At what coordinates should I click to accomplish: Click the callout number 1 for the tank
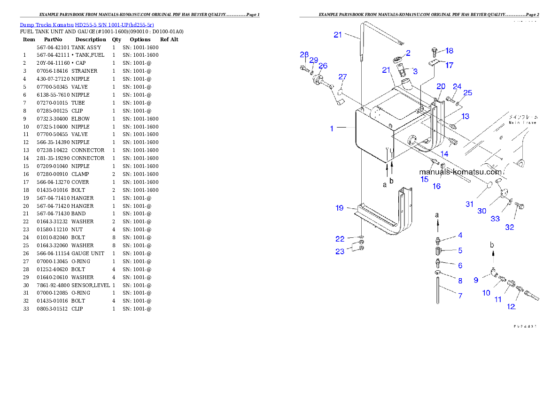pyautogui.click(x=332, y=128)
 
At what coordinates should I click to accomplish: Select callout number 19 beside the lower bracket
pyautogui.click(x=340, y=208)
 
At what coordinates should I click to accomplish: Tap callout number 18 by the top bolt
pyautogui.click(x=450, y=51)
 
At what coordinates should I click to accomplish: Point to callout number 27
pyautogui.click(x=342, y=77)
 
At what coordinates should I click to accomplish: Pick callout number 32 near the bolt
pyautogui.click(x=509, y=228)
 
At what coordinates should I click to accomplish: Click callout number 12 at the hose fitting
pyautogui.click(x=511, y=306)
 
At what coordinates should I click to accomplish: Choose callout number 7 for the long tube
pyautogui.click(x=460, y=296)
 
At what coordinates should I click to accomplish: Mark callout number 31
pyautogui.click(x=470, y=204)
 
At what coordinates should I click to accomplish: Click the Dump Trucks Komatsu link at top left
pyautogui.click(x=87, y=25)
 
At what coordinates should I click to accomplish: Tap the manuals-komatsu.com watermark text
pyautogui.click(x=460, y=172)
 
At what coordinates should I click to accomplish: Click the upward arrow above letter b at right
pyautogui.click(x=493, y=255)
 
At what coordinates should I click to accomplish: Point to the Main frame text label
pyautogui.click(x=522, y=120)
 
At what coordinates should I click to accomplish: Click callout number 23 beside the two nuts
pyautogui.click(x=340, y=251)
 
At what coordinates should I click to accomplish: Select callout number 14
pyautogui.click(x=444, y=153)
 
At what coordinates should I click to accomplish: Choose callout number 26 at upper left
pyautogui.click(x=323, y=66)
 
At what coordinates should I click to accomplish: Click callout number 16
pyautogui.click(x=436, y=186)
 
